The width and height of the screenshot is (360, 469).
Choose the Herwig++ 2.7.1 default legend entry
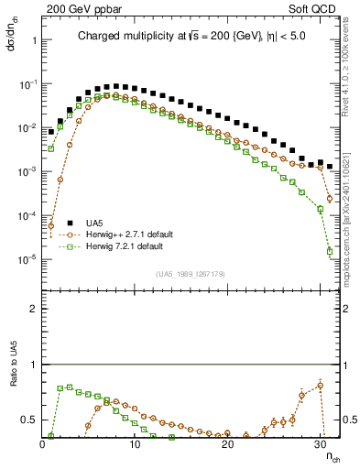point(118,234)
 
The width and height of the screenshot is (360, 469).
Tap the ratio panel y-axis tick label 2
point(32,309)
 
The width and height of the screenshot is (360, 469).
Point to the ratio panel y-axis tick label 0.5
point(28,420)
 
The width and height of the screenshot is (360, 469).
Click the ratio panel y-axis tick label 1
point(32,365)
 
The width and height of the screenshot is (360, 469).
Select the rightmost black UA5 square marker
point(330,167)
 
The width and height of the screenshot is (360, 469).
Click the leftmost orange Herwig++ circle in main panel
point(51,225)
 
